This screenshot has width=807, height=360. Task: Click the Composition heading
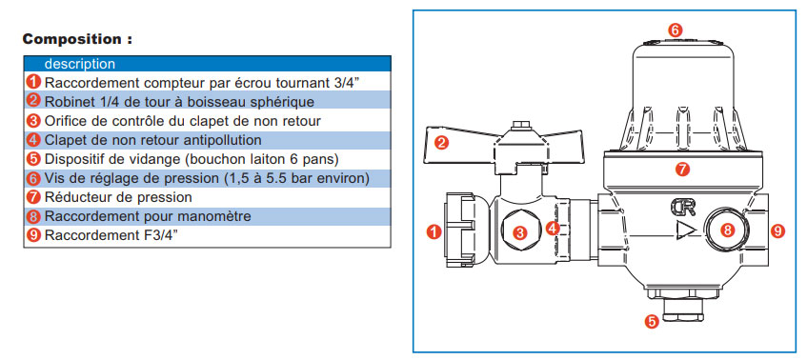click(77, 39)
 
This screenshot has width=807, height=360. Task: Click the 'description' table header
click(80, 64)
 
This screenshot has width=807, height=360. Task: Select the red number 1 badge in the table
click(33, 82)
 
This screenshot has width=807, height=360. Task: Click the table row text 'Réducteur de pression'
click(118, 197)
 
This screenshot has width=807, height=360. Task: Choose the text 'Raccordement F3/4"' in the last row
click(111, 235)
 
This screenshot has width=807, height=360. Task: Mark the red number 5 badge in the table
click(33, 158)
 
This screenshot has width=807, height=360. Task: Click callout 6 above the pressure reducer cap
click(675, 30)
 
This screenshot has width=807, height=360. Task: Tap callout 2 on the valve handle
click(440, 142)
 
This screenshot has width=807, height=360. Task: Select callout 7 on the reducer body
click(682, 170)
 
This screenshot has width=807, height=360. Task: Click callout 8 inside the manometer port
click(727, 230)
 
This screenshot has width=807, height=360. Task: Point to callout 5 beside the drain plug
click(652, 322)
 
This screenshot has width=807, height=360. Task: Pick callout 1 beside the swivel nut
click(434, 232)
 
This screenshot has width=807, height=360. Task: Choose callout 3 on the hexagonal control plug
click(520, 233)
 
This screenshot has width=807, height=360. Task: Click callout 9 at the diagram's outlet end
click(777, 230)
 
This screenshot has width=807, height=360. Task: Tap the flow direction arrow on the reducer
click(686, 230)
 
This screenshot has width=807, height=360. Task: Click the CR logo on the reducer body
click(683, 208)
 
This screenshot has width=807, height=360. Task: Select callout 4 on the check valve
click(553, 228)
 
